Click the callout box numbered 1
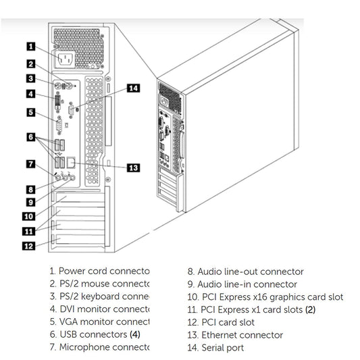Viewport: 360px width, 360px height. pyautogui.click(x=31, y=47)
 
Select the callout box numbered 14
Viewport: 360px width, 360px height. pyautogui.click(x=133, y=88)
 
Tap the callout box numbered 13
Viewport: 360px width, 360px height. pyautogui.click(x=133, y=168)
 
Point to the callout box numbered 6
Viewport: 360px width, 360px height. pyautogui.click(x=31, y=137)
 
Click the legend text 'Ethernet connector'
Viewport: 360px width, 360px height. pyautogui.click(x=233, y=335)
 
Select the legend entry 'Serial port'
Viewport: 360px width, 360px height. pyautogui.click(x=215, y=348)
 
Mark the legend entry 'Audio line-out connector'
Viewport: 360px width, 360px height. pyautogui.click(x=245, y=272)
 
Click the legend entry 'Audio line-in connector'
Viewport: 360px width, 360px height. pyautogui.click(x=242, y=284)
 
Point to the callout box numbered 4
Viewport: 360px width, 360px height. pyautogui.click(x=31, y=94)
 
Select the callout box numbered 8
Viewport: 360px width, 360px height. pyautogui.click(x=31, y=189)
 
